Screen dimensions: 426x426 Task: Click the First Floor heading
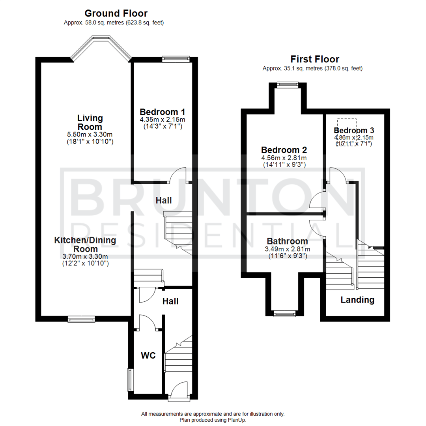(314, 59)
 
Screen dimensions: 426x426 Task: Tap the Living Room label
(90, 122)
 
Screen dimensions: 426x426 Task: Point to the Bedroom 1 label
(163, 112)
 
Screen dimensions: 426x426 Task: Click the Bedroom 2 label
(284, 150)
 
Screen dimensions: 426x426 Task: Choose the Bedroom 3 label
(354, 130)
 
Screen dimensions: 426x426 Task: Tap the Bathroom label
(287, 241)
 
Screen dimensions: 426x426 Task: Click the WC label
(148, 355)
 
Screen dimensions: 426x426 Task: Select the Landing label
(357, 300)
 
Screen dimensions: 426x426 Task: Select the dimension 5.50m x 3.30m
(90, 135)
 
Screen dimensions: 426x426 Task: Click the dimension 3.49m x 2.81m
(287, 249)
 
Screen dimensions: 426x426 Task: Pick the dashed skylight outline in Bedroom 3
(346, 125)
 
